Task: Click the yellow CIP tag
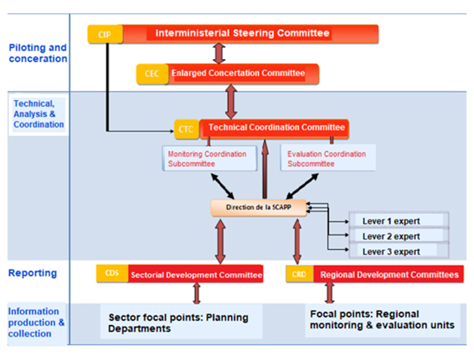pyautogui.click(x=104, y=34)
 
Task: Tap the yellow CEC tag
pyautogui.click(x=152, y=73)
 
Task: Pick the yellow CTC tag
pyautogui.click(x=186, y=129)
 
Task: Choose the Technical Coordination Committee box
pyautogui.click(x=275, y=127)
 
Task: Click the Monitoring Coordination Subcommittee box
pyautogui.click(x=208, y=159)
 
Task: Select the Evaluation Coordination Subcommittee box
pyautogui.click(x=326, y=159)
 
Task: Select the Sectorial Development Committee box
pyautogui.click(x=196, y=274)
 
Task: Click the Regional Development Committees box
pyautogui.click(x=388, y=274)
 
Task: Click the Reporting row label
pyautogui.click(x=34, y=273)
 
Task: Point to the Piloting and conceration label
pyautogui.click(x=37, y=52)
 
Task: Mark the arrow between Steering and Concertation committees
pyautogui.click(x=218, y=53)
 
